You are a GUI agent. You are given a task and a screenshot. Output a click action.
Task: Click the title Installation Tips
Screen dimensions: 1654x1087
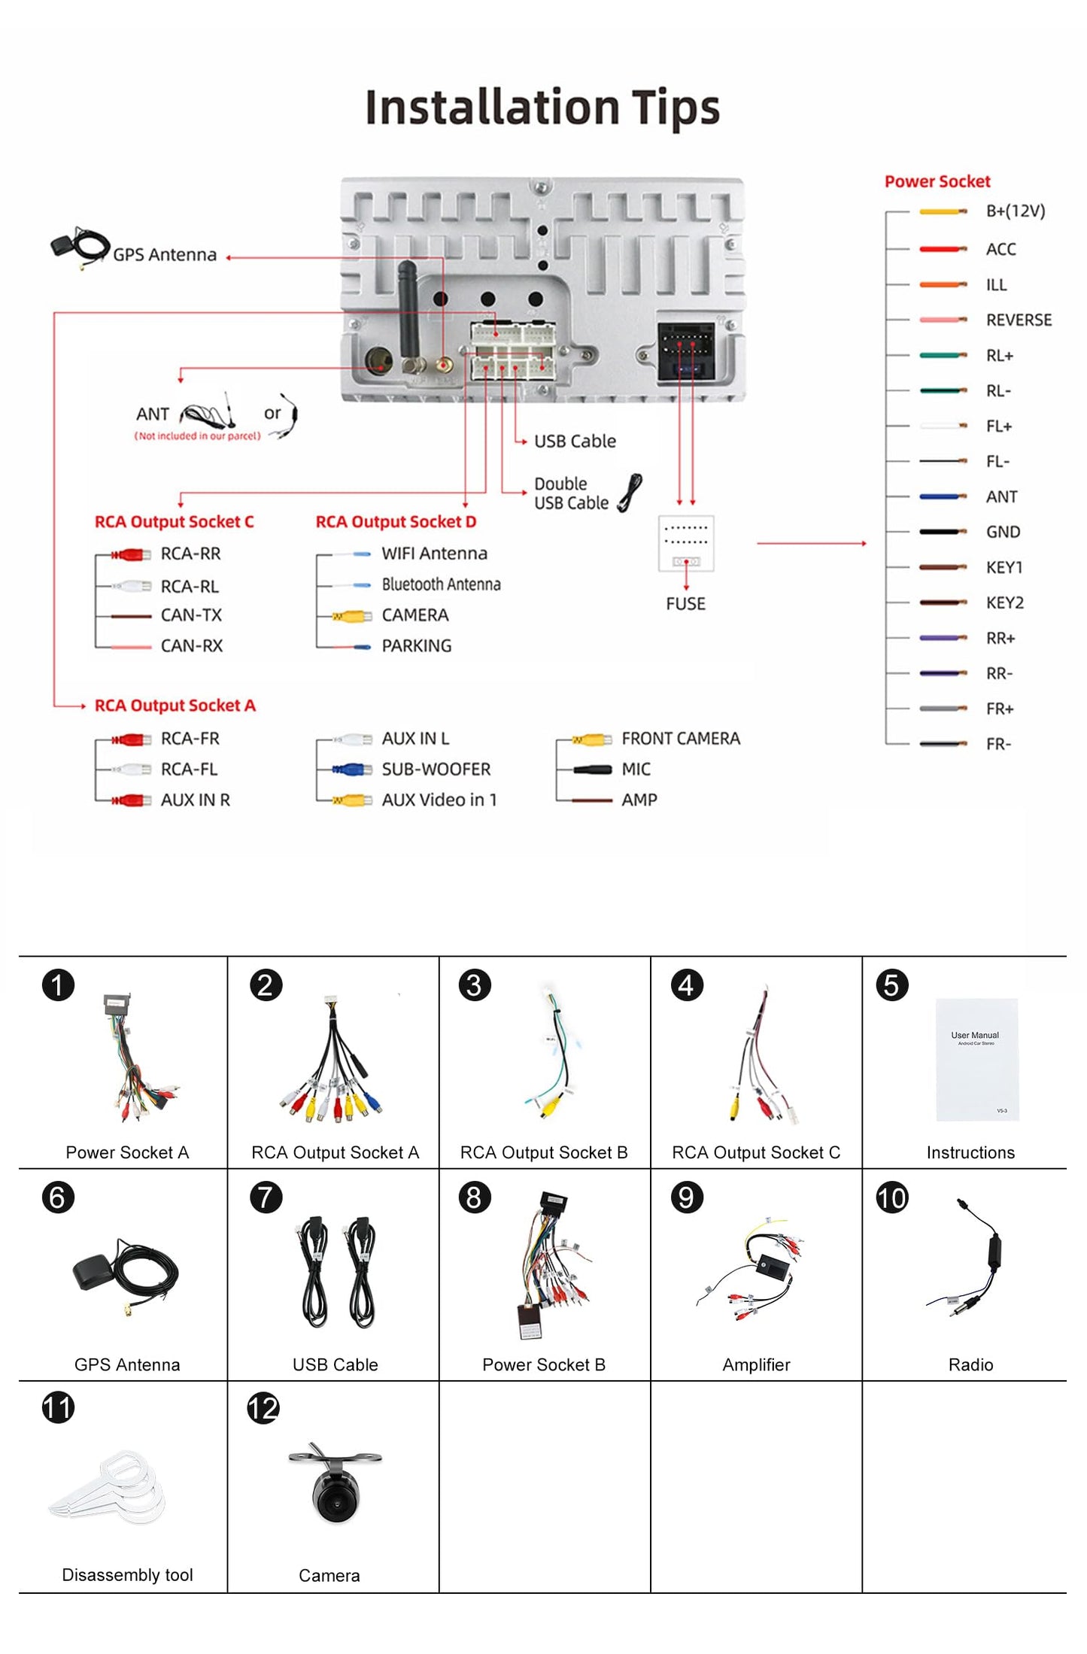542,108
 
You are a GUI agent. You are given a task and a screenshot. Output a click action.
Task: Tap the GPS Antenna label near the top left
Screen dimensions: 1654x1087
165,255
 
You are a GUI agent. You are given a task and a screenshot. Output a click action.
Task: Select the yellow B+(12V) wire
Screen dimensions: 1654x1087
942,212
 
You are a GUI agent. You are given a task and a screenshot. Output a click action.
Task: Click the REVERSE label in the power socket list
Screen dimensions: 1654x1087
1019,320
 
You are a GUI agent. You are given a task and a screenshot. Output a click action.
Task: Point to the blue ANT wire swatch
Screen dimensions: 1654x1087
942,497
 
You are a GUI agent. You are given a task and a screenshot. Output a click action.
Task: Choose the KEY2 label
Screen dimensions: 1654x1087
1005,603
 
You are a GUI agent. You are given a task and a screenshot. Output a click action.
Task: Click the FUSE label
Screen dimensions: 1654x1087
685,604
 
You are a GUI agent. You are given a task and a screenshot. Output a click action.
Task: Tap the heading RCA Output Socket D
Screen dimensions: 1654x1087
396,522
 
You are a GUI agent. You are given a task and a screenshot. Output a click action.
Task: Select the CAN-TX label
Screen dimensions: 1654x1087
191,615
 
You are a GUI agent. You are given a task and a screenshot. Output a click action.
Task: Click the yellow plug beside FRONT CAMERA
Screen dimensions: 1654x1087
591,740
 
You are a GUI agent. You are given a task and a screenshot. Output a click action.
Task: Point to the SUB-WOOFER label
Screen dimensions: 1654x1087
436,769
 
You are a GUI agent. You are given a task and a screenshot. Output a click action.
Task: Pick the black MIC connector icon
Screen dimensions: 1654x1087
592,769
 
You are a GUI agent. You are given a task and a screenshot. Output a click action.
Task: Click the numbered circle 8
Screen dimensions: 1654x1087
474,1197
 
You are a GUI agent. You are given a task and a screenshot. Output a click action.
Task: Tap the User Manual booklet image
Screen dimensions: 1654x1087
976,1059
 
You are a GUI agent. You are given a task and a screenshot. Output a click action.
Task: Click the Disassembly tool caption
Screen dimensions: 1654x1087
127,1575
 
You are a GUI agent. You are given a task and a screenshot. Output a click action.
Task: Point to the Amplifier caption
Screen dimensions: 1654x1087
756,1364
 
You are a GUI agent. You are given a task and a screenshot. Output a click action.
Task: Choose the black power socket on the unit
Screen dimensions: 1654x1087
685,351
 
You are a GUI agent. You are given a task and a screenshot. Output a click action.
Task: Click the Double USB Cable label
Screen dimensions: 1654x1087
571,493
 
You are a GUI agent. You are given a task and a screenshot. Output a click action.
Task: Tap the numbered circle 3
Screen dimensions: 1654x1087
474,985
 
